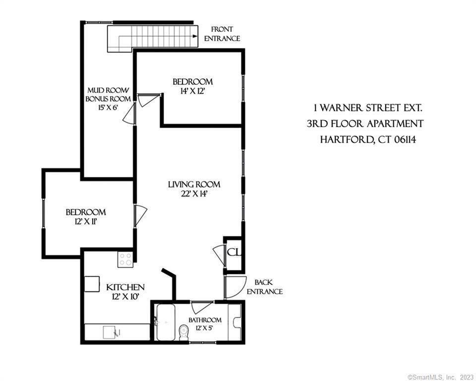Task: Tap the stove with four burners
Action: coord(125,259)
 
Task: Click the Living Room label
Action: coord(194,185)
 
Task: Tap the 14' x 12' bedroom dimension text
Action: coord(192,91)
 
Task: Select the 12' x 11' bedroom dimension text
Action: coord(86,222)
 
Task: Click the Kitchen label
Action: coord(125,287)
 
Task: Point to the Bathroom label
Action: coord(205,320)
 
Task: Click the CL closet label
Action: coord(234,253)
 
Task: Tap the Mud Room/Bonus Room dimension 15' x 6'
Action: coord(108,108)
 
